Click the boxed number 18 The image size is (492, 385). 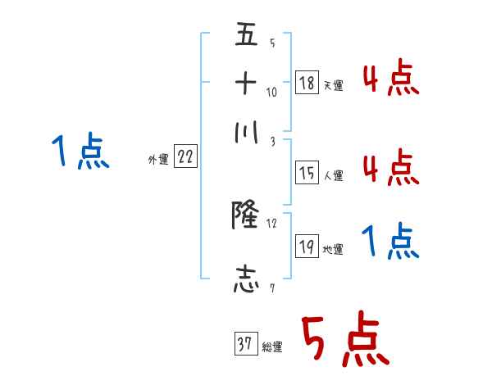[307, 83]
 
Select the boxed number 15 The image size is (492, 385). [307, 173]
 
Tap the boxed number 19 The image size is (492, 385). [307, 247]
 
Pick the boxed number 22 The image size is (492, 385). [185, 158]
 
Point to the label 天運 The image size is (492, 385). [333, 85]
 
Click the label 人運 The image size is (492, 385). [333, 175]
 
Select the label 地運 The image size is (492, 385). [333, 250]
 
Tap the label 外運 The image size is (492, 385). [157, 161]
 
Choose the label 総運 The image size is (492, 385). [271, 347]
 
